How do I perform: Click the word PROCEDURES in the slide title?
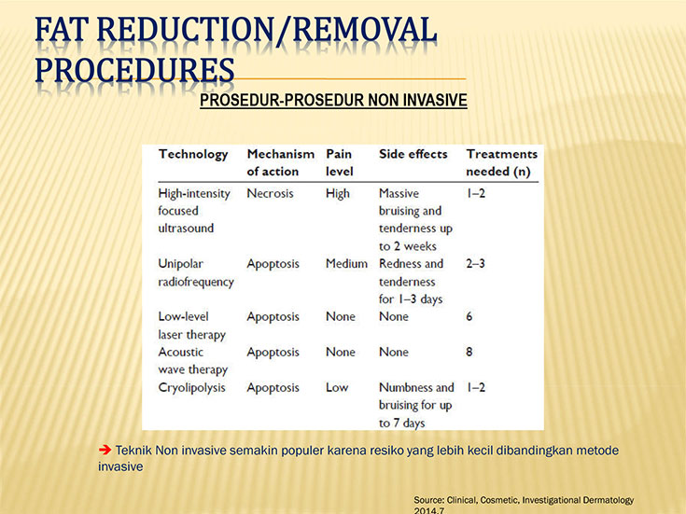pos(134,70)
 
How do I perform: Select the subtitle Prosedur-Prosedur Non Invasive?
pos(333,100)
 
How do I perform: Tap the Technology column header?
pos(193,155)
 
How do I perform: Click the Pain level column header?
pos(340,162)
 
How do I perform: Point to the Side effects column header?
pos(413,154)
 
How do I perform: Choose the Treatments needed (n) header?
pos(502,162)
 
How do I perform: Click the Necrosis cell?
pos(270,193)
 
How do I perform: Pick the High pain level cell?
pos(338,193)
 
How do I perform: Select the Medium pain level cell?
pos(346,263)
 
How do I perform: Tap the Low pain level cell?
pos(337,387)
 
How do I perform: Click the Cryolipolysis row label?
pos(191,387)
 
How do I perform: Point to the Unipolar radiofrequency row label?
pos(196,272)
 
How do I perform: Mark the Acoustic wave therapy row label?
pos(193,361)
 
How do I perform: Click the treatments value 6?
pos(469,316)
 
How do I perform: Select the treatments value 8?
pos(469,352)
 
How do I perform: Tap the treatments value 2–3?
pos(475,263)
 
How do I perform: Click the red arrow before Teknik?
pos(105,450)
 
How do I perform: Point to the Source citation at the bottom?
pos(524,505)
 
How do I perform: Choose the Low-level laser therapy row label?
pos(192,326)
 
